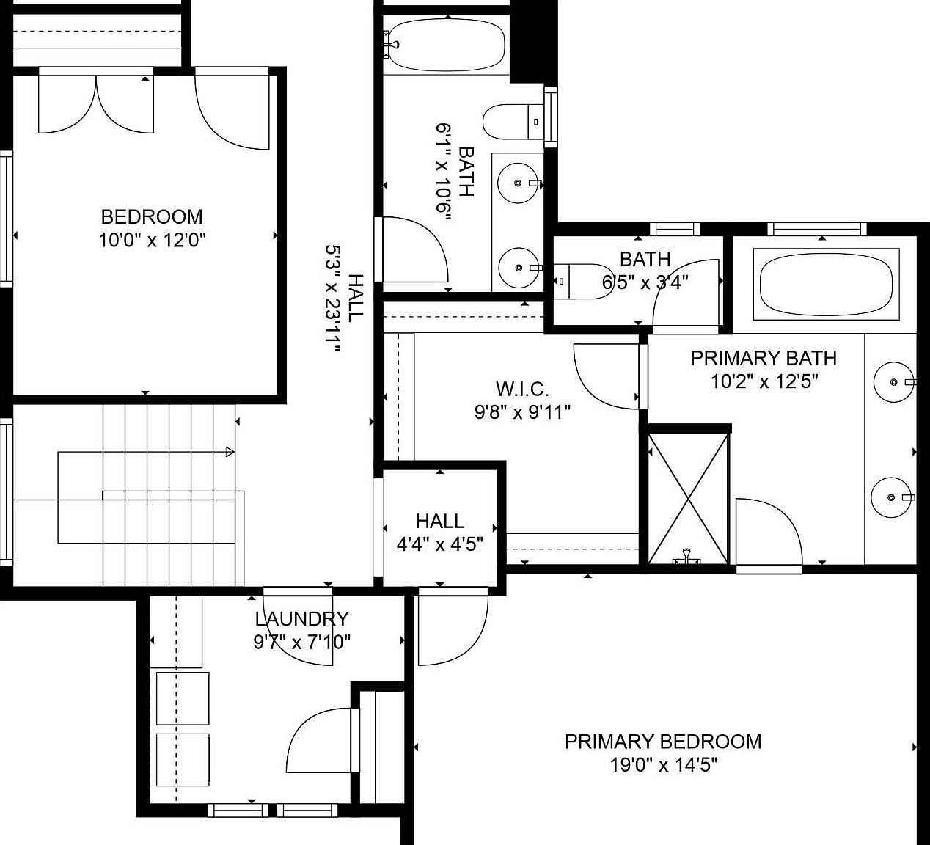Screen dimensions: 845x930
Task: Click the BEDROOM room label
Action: [151, 216]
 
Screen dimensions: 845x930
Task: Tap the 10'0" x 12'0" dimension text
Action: [151, 240]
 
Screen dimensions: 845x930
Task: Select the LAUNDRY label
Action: [301, 619]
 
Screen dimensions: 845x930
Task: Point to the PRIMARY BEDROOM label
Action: [663, 742]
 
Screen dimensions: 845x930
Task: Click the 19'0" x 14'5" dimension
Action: [663, 765]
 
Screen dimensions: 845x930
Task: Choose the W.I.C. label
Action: [521, 389]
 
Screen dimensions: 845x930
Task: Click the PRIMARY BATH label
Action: [764, 358]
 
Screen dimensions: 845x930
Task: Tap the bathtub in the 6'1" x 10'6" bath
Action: [445, 43]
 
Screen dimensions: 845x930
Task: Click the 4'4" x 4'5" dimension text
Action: [439, 544]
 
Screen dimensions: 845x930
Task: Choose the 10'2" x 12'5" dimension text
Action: [764, 381]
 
